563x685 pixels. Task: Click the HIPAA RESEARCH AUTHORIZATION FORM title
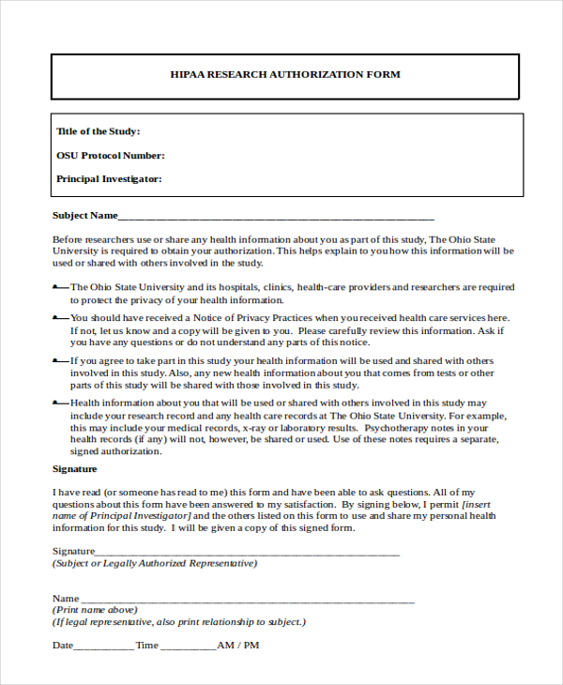point(284,74)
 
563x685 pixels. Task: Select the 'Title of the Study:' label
point(98,131)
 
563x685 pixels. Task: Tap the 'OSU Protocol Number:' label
point(110,155)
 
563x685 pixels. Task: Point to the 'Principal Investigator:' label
point(109,178)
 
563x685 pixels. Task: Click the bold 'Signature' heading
point(74,468)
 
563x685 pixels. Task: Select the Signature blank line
point(248,552)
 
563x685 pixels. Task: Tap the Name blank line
point(248,599)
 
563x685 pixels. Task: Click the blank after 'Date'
point(103,647)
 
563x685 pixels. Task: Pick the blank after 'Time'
point(188,647)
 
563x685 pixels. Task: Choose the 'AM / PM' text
point(238,646)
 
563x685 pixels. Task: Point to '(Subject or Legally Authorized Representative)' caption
point(154,563)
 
